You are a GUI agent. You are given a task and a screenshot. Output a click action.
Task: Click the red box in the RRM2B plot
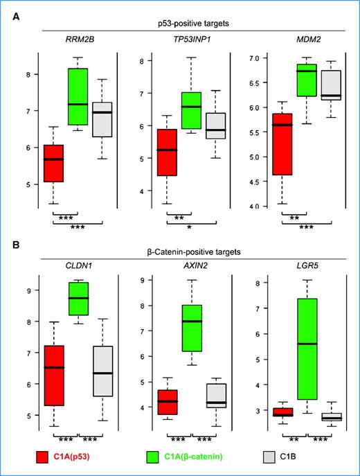[53, 163]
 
